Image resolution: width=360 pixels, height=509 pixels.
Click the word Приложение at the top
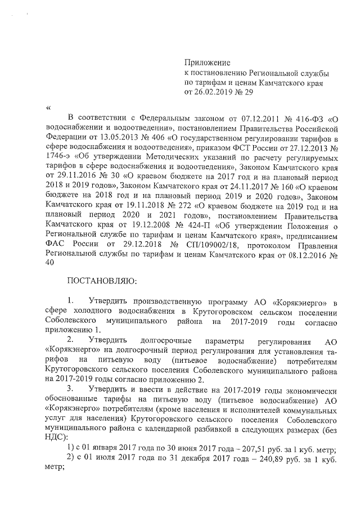click(208, 62)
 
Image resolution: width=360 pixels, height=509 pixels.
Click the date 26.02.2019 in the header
click(213, 92)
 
